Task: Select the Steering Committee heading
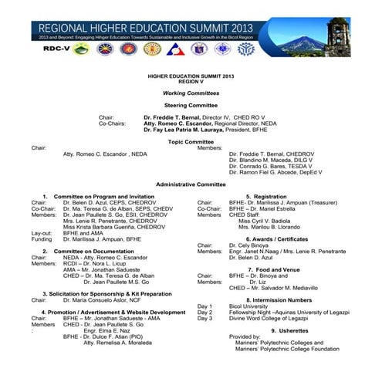tap(191, 104)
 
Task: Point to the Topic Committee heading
tap(191, 141)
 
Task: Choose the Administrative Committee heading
tap(191, 184)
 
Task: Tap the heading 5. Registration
tap(266, 196)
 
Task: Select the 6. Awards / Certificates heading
tap(267, 239)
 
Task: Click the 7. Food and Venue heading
tap(267, 269)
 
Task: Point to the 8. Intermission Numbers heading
tap(267, 299)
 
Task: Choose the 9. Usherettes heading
tap(267, 330)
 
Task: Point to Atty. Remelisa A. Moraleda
tap(119, 343)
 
